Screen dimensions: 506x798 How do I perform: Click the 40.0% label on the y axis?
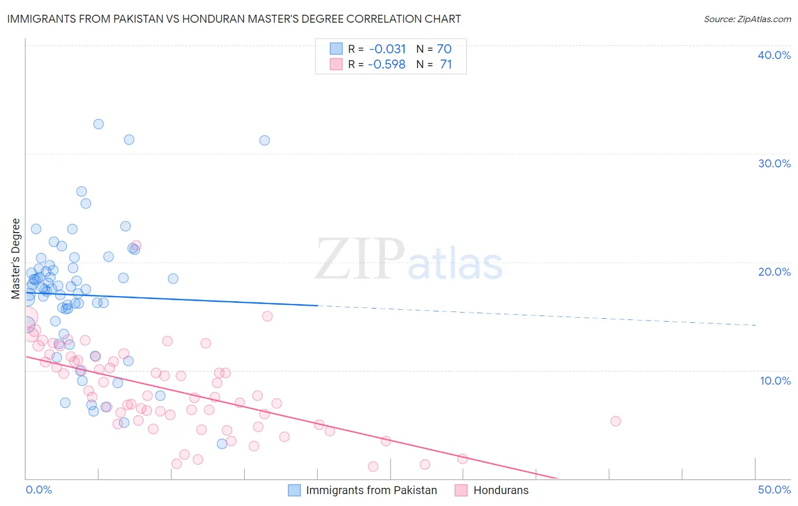tap(774, 55)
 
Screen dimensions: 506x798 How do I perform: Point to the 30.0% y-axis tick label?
tap(774, 163)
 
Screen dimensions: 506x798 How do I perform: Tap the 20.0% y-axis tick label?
tap(774, 272)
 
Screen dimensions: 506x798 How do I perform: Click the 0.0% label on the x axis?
tap(39, 490)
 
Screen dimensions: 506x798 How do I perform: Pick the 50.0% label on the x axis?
tap(774, 490)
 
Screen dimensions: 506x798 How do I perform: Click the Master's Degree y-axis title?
tap(16, 259)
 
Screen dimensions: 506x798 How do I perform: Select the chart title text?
tap(234, 19)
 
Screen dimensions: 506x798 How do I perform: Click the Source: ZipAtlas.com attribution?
tap(747, 19)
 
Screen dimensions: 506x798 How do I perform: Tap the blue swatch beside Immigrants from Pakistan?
tap(294, 490)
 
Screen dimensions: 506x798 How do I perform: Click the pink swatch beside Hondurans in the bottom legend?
tap(461, 490)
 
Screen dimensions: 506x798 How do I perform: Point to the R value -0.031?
tap(388, 49)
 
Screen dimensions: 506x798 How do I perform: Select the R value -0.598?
tap(387, 64)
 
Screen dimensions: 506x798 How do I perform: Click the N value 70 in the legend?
tap(444, 49)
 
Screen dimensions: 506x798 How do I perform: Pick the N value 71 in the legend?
tap(446, 64)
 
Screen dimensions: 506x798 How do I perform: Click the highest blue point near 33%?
tap(99, 124)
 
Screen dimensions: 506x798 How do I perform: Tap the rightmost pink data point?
tap(616, 421)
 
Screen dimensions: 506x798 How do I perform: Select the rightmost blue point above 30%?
tap(264, 140)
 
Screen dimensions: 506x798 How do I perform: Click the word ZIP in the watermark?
tap(360, 259)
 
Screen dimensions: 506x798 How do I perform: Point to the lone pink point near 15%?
tap(267, 316)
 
